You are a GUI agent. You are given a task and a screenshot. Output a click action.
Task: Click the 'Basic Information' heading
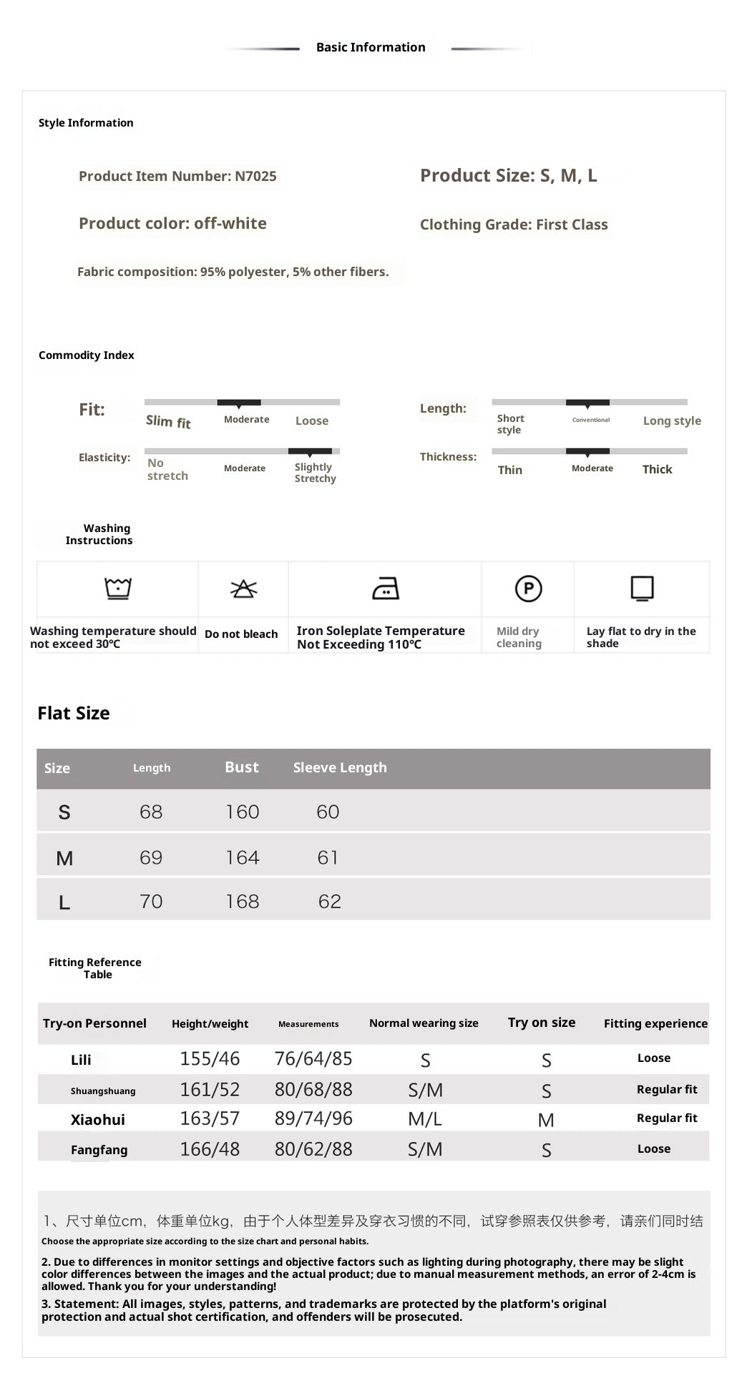[371, 47]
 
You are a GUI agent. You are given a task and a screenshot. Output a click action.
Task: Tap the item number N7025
[255, 177]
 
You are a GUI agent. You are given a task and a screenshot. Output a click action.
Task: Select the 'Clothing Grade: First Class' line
[514, 225]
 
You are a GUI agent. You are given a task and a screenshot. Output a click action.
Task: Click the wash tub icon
[118, 588]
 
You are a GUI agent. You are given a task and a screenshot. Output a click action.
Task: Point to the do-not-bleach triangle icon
[243, 589]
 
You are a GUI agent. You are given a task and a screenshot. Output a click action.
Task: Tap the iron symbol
[386, 589]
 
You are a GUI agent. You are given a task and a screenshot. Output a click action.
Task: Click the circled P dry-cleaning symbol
[528, 589]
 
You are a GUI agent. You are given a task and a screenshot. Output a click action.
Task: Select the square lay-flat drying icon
[642, 589]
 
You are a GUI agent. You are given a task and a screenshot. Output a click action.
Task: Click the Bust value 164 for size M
[243, 857]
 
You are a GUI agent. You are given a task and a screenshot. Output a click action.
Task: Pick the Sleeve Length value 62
[329, 901]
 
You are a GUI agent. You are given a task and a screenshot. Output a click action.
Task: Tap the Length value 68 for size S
[151, 812]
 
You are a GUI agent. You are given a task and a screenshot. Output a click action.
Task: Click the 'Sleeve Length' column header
[340, 767]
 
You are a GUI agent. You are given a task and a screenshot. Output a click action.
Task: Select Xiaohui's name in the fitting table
[98, 1120]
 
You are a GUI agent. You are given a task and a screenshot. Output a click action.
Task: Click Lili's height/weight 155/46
[210, 1058]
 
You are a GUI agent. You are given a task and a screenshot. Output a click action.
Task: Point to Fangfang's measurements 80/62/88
[313, 1149]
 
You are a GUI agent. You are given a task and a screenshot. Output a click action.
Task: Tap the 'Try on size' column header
[542, 1023]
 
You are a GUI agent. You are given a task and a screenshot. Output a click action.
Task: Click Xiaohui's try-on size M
[546, 1120]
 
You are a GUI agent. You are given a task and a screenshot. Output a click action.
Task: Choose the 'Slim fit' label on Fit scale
[168, 422]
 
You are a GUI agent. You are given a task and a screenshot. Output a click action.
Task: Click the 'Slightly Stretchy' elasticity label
[315, 473]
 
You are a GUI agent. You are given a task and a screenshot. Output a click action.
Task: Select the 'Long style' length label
[672, 420]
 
